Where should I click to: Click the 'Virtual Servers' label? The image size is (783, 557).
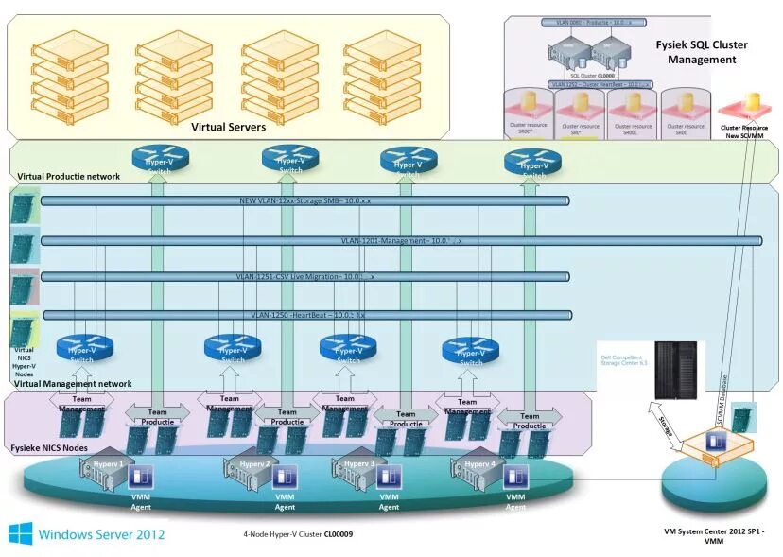click(x=228, y=127)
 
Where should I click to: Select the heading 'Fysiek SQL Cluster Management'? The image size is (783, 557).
click(x=701, y=52)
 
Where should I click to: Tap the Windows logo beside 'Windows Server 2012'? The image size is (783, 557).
click(x=21, y=533)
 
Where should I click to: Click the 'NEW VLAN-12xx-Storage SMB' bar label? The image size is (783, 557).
click(x=304, y=200)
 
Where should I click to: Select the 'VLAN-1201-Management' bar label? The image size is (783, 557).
click(x=401, y=241)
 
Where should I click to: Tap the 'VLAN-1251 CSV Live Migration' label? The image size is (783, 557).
click(x=304, y=276)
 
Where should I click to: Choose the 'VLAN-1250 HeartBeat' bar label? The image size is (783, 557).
click(x=307, y=314)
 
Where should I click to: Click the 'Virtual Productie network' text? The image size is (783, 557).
click(x=69, y=176)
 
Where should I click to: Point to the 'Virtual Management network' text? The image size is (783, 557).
click(x=73, y=384)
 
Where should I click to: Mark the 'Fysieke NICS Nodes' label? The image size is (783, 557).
click(x=50, y=446)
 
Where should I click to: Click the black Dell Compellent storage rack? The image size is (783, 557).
click(x=675, y=368)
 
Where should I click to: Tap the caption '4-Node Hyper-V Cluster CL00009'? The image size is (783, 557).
click(x=297, y=534)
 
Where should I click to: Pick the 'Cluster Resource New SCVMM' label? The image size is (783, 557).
click(x=743, y=130)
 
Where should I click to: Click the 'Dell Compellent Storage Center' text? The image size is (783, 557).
click(x=623, y=359)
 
